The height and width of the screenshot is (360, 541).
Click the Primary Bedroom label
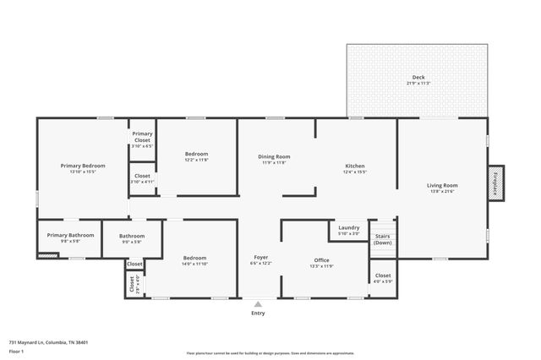click(x=83, y=166)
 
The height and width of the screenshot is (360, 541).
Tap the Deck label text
click(x=418, y=77)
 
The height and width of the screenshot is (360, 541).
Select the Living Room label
click(x=442, y=185)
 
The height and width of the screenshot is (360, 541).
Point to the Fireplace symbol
click(x=496, y=184)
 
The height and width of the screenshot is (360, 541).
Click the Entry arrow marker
click(x=258, y=303)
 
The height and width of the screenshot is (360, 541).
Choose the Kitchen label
click(x=355, y=166)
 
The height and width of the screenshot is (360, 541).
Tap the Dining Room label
click(x=274, y=156)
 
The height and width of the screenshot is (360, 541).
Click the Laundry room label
click(x=349, y=227)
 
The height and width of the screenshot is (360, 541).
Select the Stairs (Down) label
click(x=383, y=239)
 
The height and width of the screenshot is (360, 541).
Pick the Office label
click(x=321, y=260)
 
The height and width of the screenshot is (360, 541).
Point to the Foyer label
click(x=261, y=257)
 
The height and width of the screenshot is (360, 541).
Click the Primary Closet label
click(x=142, y=137)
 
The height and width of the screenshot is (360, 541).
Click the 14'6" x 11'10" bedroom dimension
click(x=194, y=264)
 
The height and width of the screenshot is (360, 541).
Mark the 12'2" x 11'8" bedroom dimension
click(x=196, y=160)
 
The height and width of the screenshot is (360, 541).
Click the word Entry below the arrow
click(x=258, y=314)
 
